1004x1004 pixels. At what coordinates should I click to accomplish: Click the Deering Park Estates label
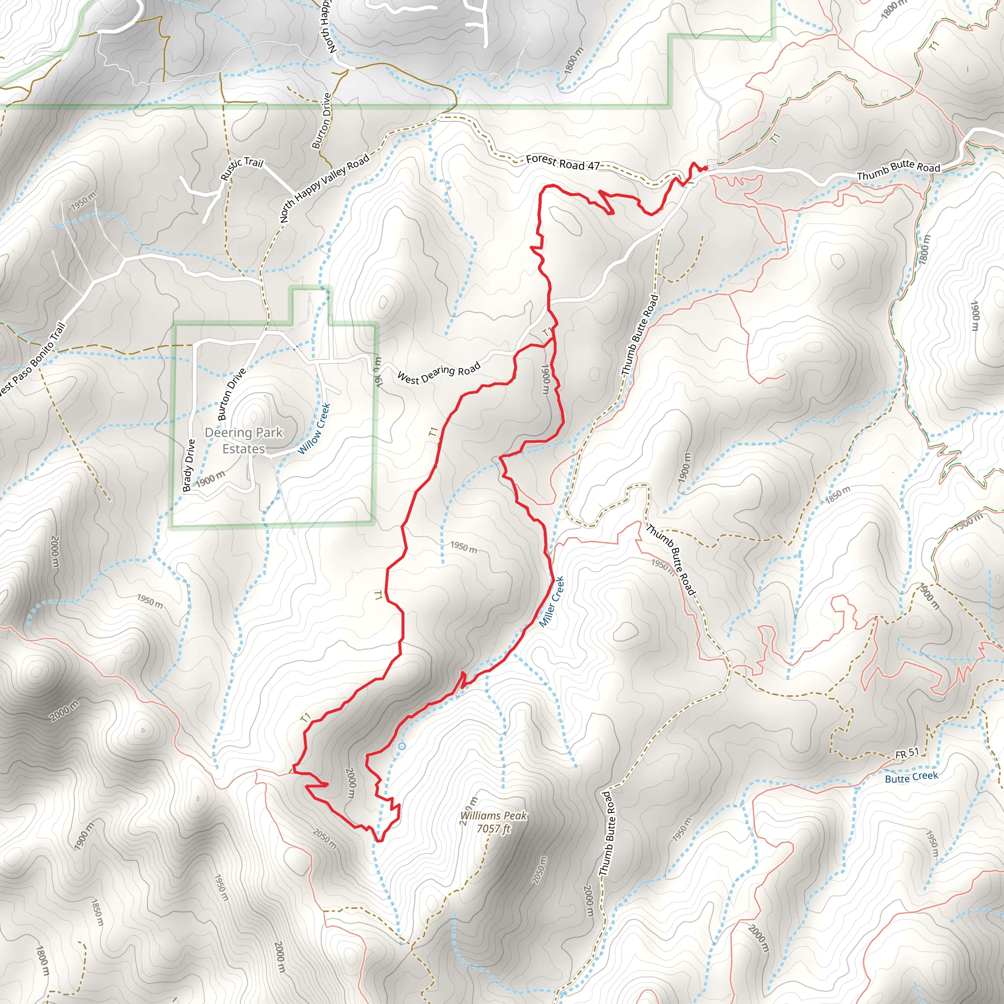[244, 441]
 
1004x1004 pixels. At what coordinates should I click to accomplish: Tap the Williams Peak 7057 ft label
[494, 822]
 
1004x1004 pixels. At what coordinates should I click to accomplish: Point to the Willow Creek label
[314, 429]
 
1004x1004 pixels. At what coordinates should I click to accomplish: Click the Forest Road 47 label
[563, 163]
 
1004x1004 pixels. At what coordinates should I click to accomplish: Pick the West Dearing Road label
[439, 374]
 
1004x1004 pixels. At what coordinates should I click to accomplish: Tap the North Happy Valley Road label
[325, 188]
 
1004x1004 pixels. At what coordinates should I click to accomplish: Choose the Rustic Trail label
[242, 169]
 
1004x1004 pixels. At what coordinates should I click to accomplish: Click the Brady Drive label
[189, 465]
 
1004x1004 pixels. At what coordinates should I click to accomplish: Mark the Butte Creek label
[911, 777]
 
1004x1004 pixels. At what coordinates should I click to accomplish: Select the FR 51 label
[907, 753]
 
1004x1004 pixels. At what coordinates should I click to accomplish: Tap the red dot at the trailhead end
[704, 168]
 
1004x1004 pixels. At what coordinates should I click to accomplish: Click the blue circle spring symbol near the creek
[401, 746]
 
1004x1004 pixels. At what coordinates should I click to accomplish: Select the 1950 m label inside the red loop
[464, 547]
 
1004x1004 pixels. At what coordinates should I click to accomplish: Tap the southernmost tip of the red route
[378, 840]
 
